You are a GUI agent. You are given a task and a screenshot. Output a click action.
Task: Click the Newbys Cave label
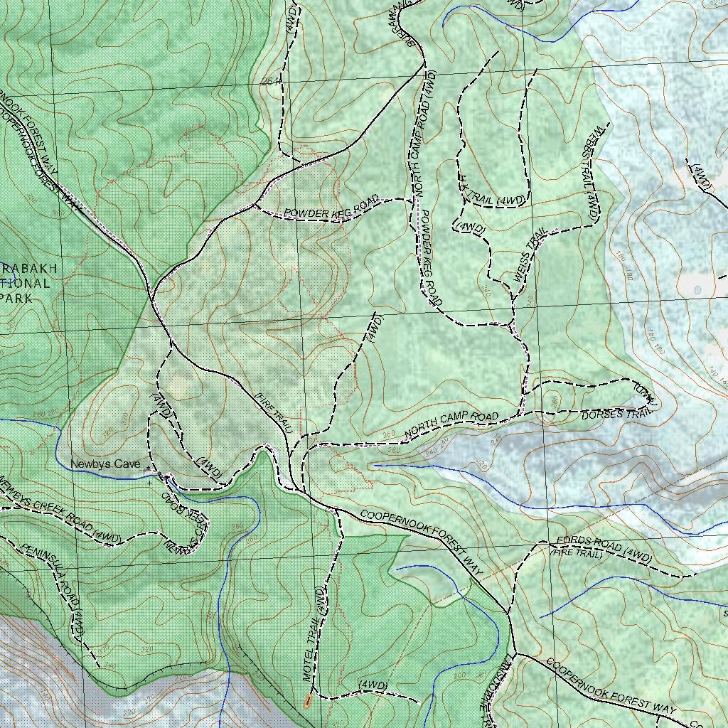(x=105, y=464)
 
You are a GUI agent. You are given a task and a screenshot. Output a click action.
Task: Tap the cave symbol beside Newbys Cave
(x=147, y=469)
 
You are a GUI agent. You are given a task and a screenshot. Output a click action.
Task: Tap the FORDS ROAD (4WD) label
(x=604, y=547)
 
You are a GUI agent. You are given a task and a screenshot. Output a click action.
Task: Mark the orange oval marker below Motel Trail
(x=307, y=701)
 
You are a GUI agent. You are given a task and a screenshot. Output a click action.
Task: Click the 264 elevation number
(x=269, y=82)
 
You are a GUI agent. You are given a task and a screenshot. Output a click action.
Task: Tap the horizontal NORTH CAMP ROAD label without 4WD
(x=451, y=424)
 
